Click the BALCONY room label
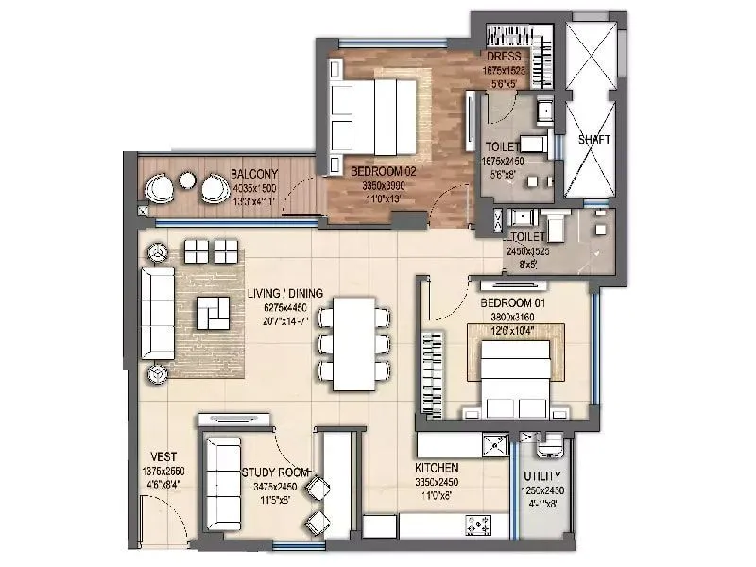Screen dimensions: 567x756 253,174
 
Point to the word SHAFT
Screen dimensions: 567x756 594,139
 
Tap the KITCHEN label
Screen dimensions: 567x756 438,468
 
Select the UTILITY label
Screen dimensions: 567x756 542,475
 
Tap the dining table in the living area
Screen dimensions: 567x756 352,344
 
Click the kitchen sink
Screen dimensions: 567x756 493,444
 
